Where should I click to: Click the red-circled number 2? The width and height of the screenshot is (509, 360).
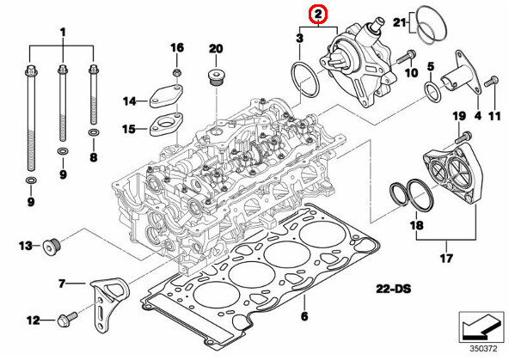tap(319, 14)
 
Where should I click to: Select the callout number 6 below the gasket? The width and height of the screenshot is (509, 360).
tap(304, 317)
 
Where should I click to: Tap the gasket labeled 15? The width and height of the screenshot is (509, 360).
tap(164, 128)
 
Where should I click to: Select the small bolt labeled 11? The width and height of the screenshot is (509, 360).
tap(490, 82)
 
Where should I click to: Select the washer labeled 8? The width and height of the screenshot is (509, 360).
tap(92, 134)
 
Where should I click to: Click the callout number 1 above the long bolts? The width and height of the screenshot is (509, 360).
tap(62, 32)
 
